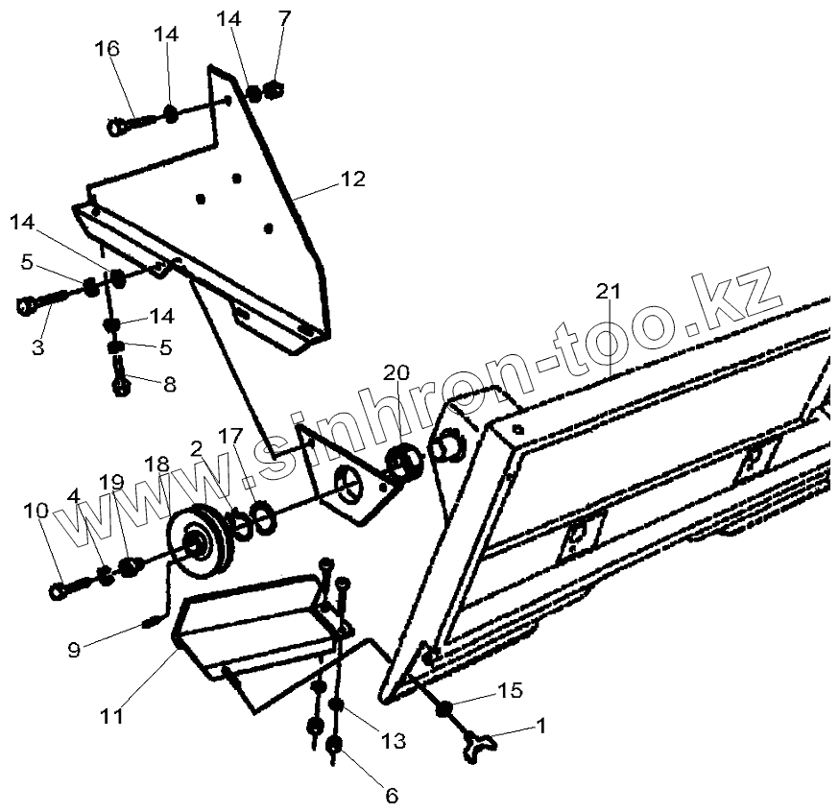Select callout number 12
coord(352,179)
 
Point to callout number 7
coord(282,19)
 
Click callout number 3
coord(37,346)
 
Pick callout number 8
coord(169,385)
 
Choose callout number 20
coord(396,372)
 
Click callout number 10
coord(36,513)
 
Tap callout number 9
coord(74,649)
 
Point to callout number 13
coord(393,741)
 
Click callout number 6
coord(391,795)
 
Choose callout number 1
coord(539,727)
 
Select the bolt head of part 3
coord(26,307)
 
